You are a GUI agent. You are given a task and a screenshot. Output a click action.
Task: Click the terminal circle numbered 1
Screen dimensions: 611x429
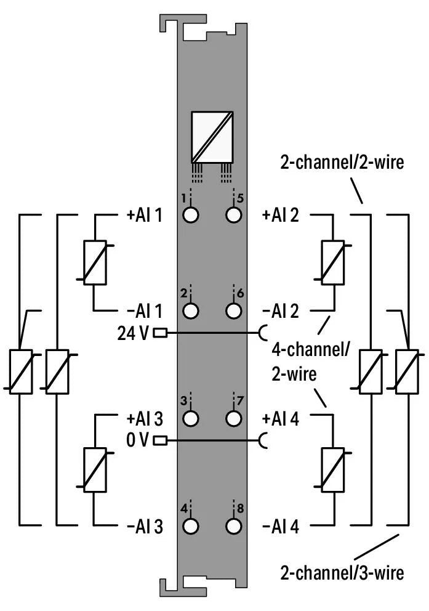(x=191, y=215)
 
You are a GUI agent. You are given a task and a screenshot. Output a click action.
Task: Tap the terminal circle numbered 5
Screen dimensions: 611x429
(x=233, y=215)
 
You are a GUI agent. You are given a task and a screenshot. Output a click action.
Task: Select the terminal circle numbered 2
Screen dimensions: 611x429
(x=191, y=310)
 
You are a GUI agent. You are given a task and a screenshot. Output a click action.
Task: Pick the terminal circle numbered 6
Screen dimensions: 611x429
(x=233, y=310)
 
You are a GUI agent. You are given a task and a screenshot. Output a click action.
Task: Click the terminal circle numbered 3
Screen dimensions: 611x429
(x=191, y=418)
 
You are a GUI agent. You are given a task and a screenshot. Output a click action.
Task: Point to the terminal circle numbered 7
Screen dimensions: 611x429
(x=233, y=418)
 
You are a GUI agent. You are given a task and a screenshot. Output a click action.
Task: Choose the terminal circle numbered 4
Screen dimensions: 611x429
(x=191, y=526)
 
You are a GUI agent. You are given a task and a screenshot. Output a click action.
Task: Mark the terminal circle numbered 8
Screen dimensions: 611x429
(x=233, y=526)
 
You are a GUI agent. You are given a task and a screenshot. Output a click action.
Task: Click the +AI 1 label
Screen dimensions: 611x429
(x=144, y=216)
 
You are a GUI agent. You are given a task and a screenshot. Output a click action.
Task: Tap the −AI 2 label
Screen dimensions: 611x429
(x=280, y=311)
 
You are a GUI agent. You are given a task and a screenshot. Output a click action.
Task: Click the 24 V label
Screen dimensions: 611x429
(x=132, y=333)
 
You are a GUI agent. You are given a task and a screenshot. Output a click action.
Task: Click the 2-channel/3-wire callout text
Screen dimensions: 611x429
(x=342, y=572)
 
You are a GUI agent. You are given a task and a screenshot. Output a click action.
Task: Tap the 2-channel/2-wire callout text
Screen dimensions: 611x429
(x=342, y=163)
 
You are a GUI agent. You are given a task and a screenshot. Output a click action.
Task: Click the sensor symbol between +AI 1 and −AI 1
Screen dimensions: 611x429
(x=95, y=262)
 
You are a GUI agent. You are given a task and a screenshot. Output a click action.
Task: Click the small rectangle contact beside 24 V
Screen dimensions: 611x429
(x=160, y=333)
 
